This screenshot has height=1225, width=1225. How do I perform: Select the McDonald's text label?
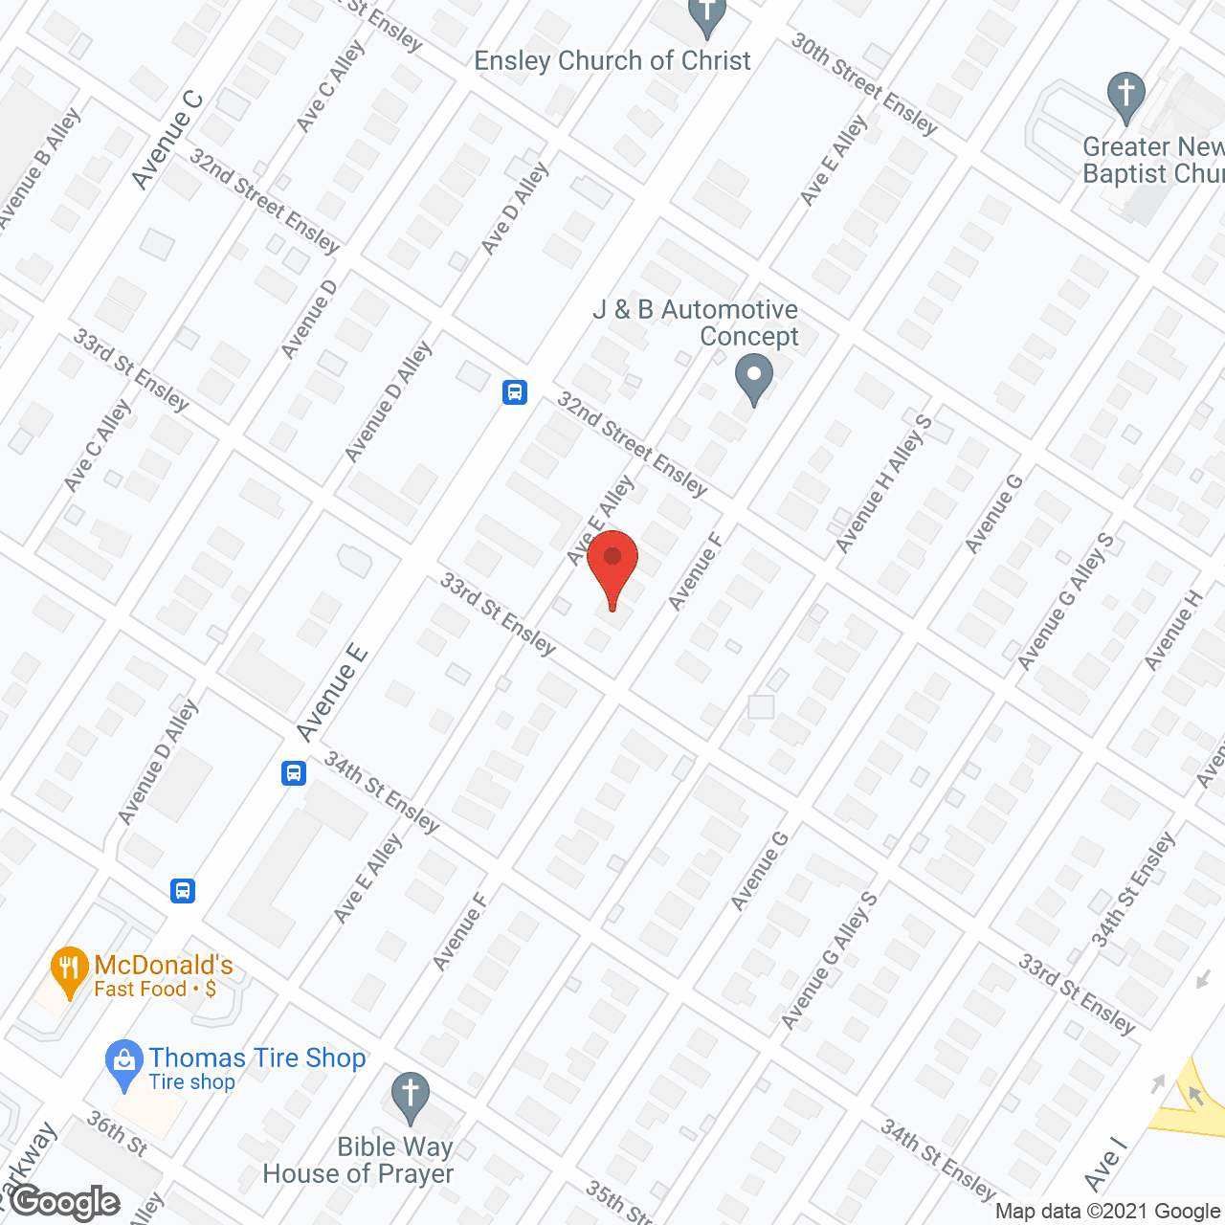164,966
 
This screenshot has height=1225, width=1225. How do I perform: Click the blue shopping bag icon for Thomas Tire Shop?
123,1062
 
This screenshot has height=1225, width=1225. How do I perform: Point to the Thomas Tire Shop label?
256,1058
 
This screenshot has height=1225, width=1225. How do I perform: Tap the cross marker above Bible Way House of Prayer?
410,1095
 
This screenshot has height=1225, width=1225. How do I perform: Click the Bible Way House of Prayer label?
358,1160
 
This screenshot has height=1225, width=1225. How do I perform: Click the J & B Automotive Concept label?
696,323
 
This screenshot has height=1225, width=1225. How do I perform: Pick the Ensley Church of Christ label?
612,61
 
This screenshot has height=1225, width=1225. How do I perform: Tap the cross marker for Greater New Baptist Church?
1125,95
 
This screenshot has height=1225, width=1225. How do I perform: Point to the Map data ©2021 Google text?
1107,1212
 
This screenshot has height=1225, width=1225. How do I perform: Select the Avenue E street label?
332,693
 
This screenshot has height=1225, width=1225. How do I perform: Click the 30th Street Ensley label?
864,84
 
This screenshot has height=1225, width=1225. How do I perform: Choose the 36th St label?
117,1133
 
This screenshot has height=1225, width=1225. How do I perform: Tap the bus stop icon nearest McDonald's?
183,891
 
